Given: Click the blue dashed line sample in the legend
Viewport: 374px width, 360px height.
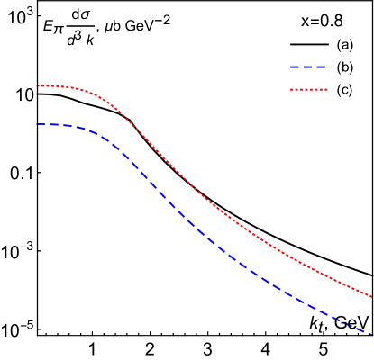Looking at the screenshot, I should point(308,67).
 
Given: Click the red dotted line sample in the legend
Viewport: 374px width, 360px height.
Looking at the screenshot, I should point(308,90).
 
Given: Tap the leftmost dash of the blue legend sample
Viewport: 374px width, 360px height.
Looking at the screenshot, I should point(294,67).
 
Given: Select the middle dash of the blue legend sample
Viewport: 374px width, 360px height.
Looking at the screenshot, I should point(308,67).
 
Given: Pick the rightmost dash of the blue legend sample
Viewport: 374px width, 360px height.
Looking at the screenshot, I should point(322,67).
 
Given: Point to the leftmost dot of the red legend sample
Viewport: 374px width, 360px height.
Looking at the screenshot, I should point(291,90).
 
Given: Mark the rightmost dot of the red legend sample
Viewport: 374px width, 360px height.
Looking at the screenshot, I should point(326,90).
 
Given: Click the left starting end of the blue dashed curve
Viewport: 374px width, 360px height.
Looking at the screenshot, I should point(37,124).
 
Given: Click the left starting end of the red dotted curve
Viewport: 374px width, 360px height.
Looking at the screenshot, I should point(37,86).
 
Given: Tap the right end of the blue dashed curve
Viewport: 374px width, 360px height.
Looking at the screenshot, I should point(371,334).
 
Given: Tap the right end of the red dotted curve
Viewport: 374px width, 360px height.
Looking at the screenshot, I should point(372,295).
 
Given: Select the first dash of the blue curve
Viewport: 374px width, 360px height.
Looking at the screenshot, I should point(41,124).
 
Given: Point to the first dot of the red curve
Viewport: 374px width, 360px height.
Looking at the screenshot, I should point(37,86).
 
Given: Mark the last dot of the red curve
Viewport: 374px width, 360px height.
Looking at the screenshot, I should point(372,295).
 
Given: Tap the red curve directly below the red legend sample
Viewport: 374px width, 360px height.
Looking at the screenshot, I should point(308,265).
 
